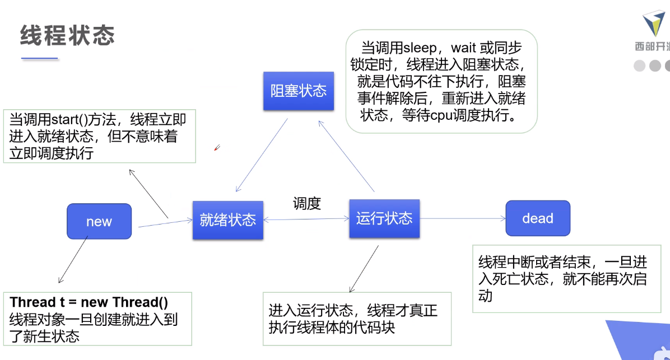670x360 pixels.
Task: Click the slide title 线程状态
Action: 67,35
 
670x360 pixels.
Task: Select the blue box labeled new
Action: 99,222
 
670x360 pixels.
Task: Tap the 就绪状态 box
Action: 227,220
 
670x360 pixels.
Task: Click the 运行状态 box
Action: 384,218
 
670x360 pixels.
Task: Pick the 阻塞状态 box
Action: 299,91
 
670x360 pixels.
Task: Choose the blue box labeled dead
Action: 538,218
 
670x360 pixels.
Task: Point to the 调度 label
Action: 306,204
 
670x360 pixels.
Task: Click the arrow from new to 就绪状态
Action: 165,223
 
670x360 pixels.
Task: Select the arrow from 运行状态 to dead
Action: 462,219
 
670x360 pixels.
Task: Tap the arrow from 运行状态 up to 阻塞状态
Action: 346,156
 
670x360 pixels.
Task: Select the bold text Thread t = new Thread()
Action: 89,303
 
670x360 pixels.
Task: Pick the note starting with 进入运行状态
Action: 357,319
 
